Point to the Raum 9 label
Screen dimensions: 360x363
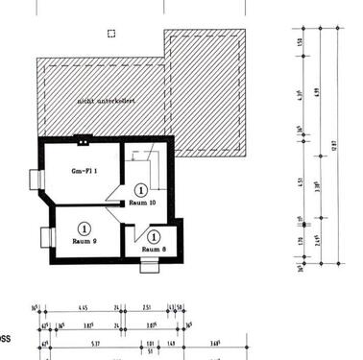click(85, 241)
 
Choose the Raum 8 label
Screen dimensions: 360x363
click(154, 250)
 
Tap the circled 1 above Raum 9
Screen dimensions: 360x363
click(85, 228)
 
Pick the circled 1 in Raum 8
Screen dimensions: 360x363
click(154, 236)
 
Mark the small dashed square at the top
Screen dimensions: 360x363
click(111, 34)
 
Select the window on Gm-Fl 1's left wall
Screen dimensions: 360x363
click(36, 178)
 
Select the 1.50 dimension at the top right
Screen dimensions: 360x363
click(301, 40)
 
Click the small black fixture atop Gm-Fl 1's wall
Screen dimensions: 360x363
click(86, 137)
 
